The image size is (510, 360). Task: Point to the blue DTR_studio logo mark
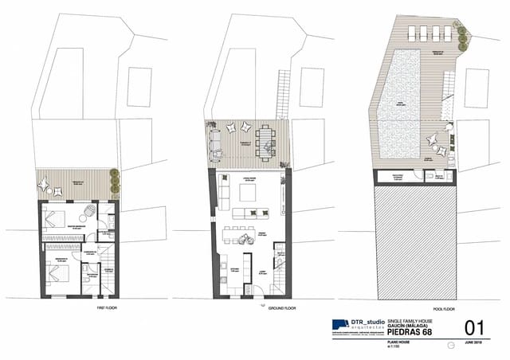pyautogui.click(x=339, y=324)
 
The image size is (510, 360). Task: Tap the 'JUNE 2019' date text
pyautogui.click(x=473, y=342)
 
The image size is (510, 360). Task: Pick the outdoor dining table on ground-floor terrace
pyautogui.click(x=265, y=139)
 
